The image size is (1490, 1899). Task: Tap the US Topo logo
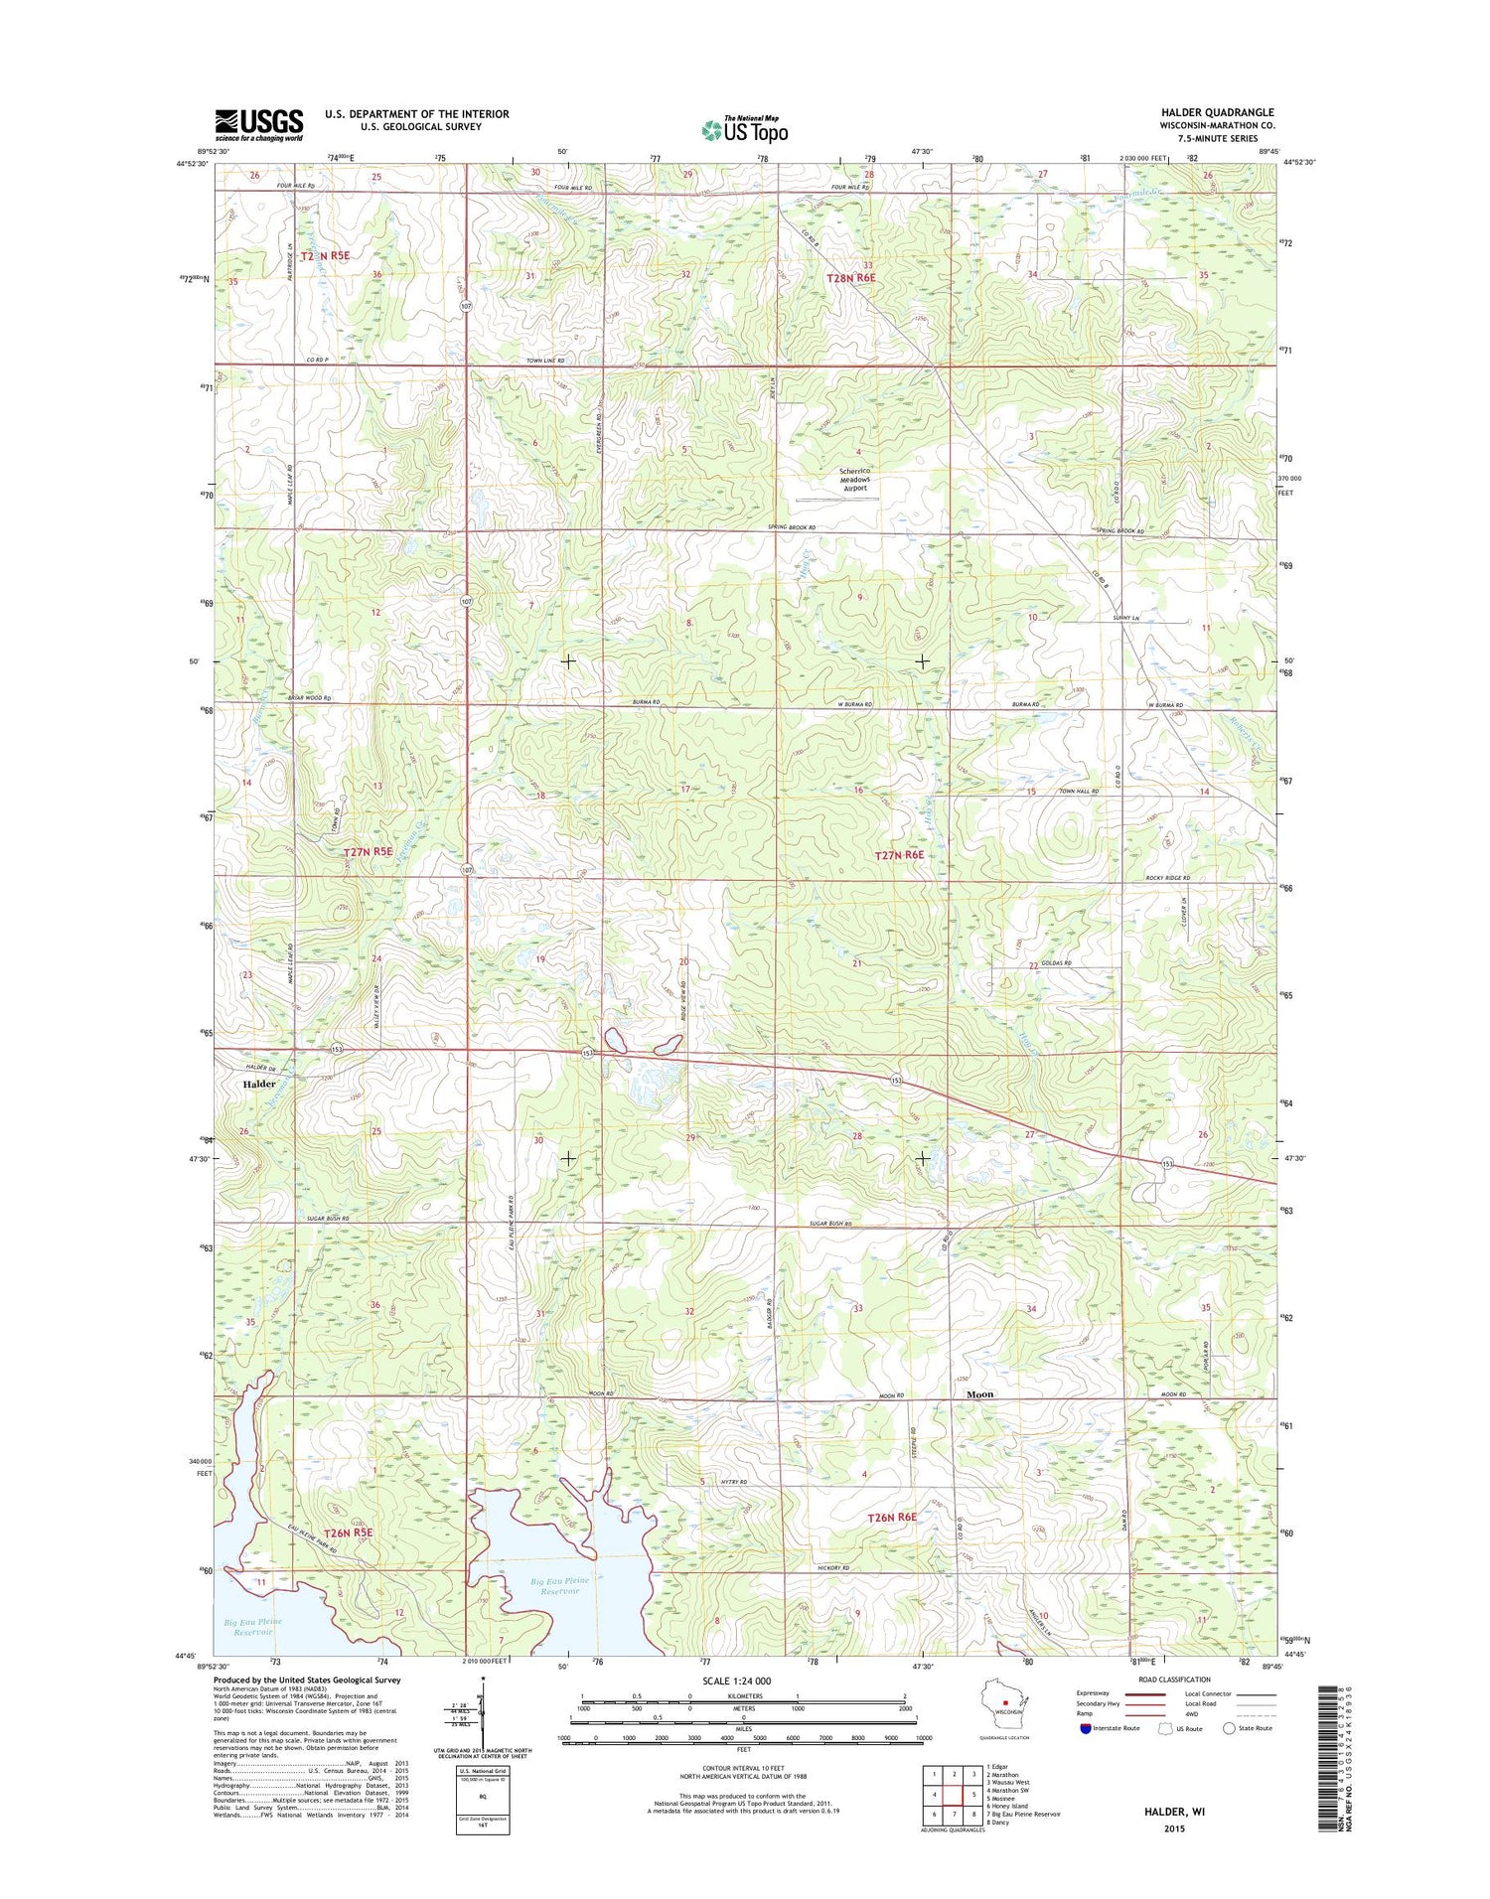pos(745,130)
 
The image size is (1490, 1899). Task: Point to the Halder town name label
pos(259,1084)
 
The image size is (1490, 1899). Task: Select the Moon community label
pos(979,1394)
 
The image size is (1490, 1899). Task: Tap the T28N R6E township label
pos(852,278)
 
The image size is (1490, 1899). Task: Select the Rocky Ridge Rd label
pos(1167,878)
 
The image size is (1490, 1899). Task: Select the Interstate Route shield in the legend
pos(1085,1728)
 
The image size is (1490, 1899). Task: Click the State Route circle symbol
pos(1229,1728)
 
